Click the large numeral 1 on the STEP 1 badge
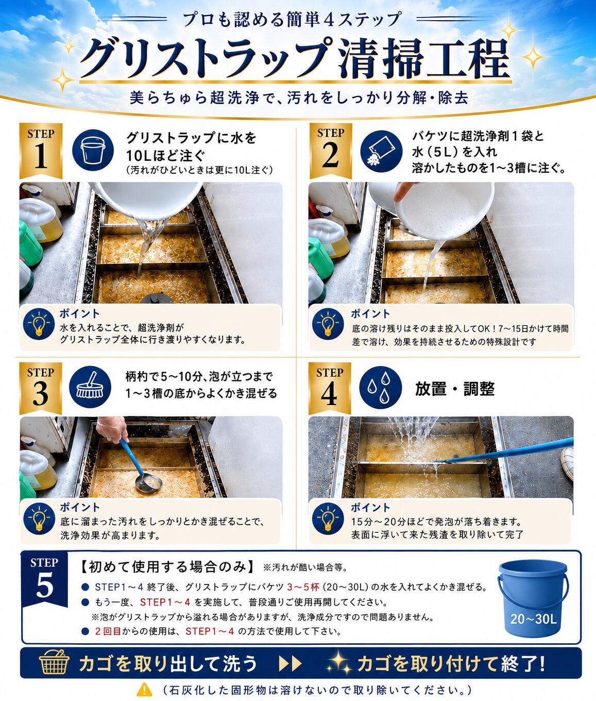click(41, 156)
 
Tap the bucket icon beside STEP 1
click(93, 150)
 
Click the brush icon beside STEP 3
click(90, 387)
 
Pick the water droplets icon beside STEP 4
click(380, 388)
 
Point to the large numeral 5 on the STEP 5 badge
click(44, 586)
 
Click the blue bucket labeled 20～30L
click(533, 598)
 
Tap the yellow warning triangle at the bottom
click(144, 689)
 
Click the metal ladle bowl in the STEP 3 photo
click(148, 482)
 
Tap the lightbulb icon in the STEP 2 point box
click(328, 324)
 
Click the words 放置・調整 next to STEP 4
click(455, 389)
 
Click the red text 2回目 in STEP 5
click(108, 631)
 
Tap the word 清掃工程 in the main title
click(424, 58)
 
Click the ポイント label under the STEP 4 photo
click(370, 508)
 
